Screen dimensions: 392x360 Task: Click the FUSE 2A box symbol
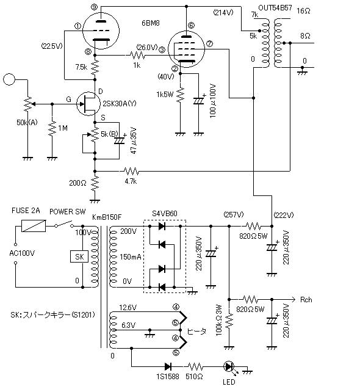point(33,225)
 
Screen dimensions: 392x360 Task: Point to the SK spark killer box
point(79,257)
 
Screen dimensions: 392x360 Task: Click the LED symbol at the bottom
point(229,367)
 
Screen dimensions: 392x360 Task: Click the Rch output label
point(306,300)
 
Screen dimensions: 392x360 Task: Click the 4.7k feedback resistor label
point(131,181)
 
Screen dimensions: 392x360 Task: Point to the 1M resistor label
point(63,129)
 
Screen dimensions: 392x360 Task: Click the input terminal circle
point(9,79)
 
